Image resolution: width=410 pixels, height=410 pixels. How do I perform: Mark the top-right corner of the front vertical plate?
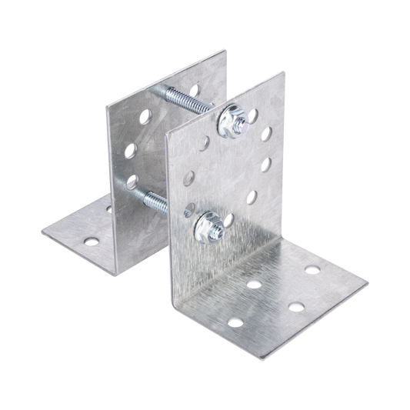(x=276, y=70)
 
